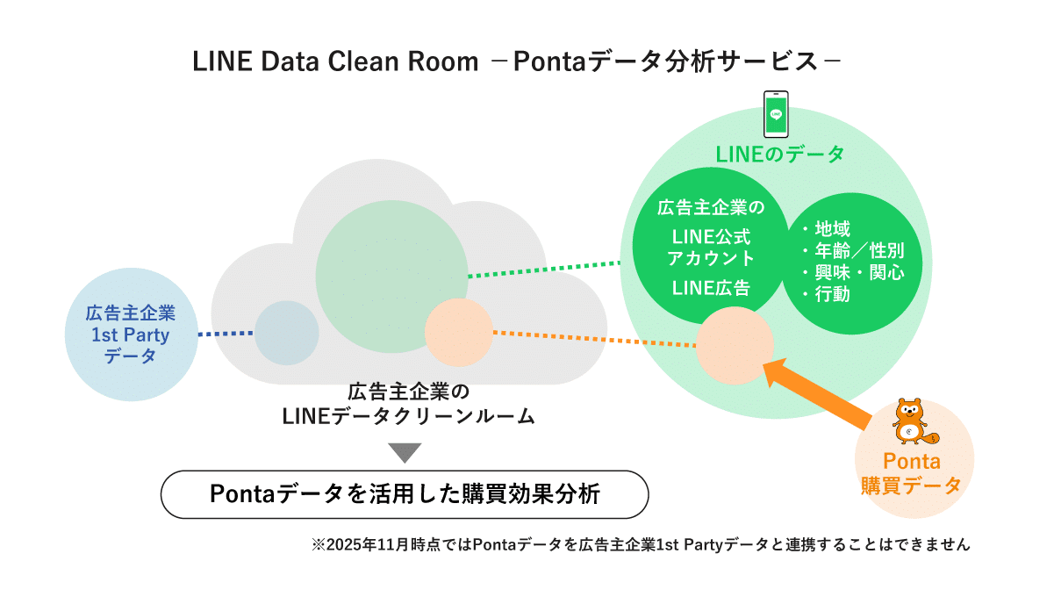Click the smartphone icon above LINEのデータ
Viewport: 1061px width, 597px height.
pos(775,114)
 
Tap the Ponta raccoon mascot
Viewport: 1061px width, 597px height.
pos(910,422)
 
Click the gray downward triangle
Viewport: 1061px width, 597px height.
pos(405,453)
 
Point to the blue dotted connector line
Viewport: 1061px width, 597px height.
pos(226,334)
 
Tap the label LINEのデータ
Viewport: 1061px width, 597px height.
pos(779,155)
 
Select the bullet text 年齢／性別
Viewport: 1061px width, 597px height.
pos(854,252)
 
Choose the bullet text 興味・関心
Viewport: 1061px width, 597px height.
pos(854,273)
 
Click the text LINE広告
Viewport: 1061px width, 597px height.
pos(711,287)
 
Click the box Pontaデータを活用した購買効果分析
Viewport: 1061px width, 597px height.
pos(405,494)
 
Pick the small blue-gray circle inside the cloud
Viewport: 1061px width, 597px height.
pos(286,333)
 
